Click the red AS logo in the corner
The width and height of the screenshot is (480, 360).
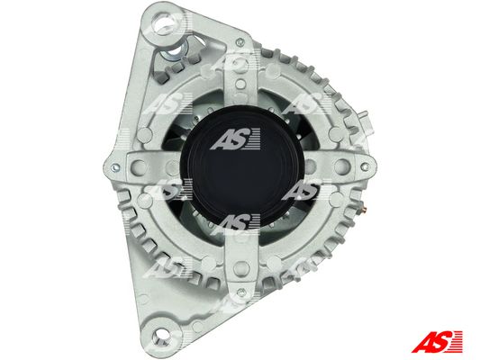tap(437, 341)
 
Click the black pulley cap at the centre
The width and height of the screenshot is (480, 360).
tap(242, 166)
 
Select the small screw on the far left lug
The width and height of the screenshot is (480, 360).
tap(114, 167)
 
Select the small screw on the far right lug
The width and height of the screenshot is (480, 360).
tap(365, 167)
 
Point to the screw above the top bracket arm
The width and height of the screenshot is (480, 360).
tap(240, 41)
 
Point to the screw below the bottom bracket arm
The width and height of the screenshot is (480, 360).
tap(241, 292)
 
